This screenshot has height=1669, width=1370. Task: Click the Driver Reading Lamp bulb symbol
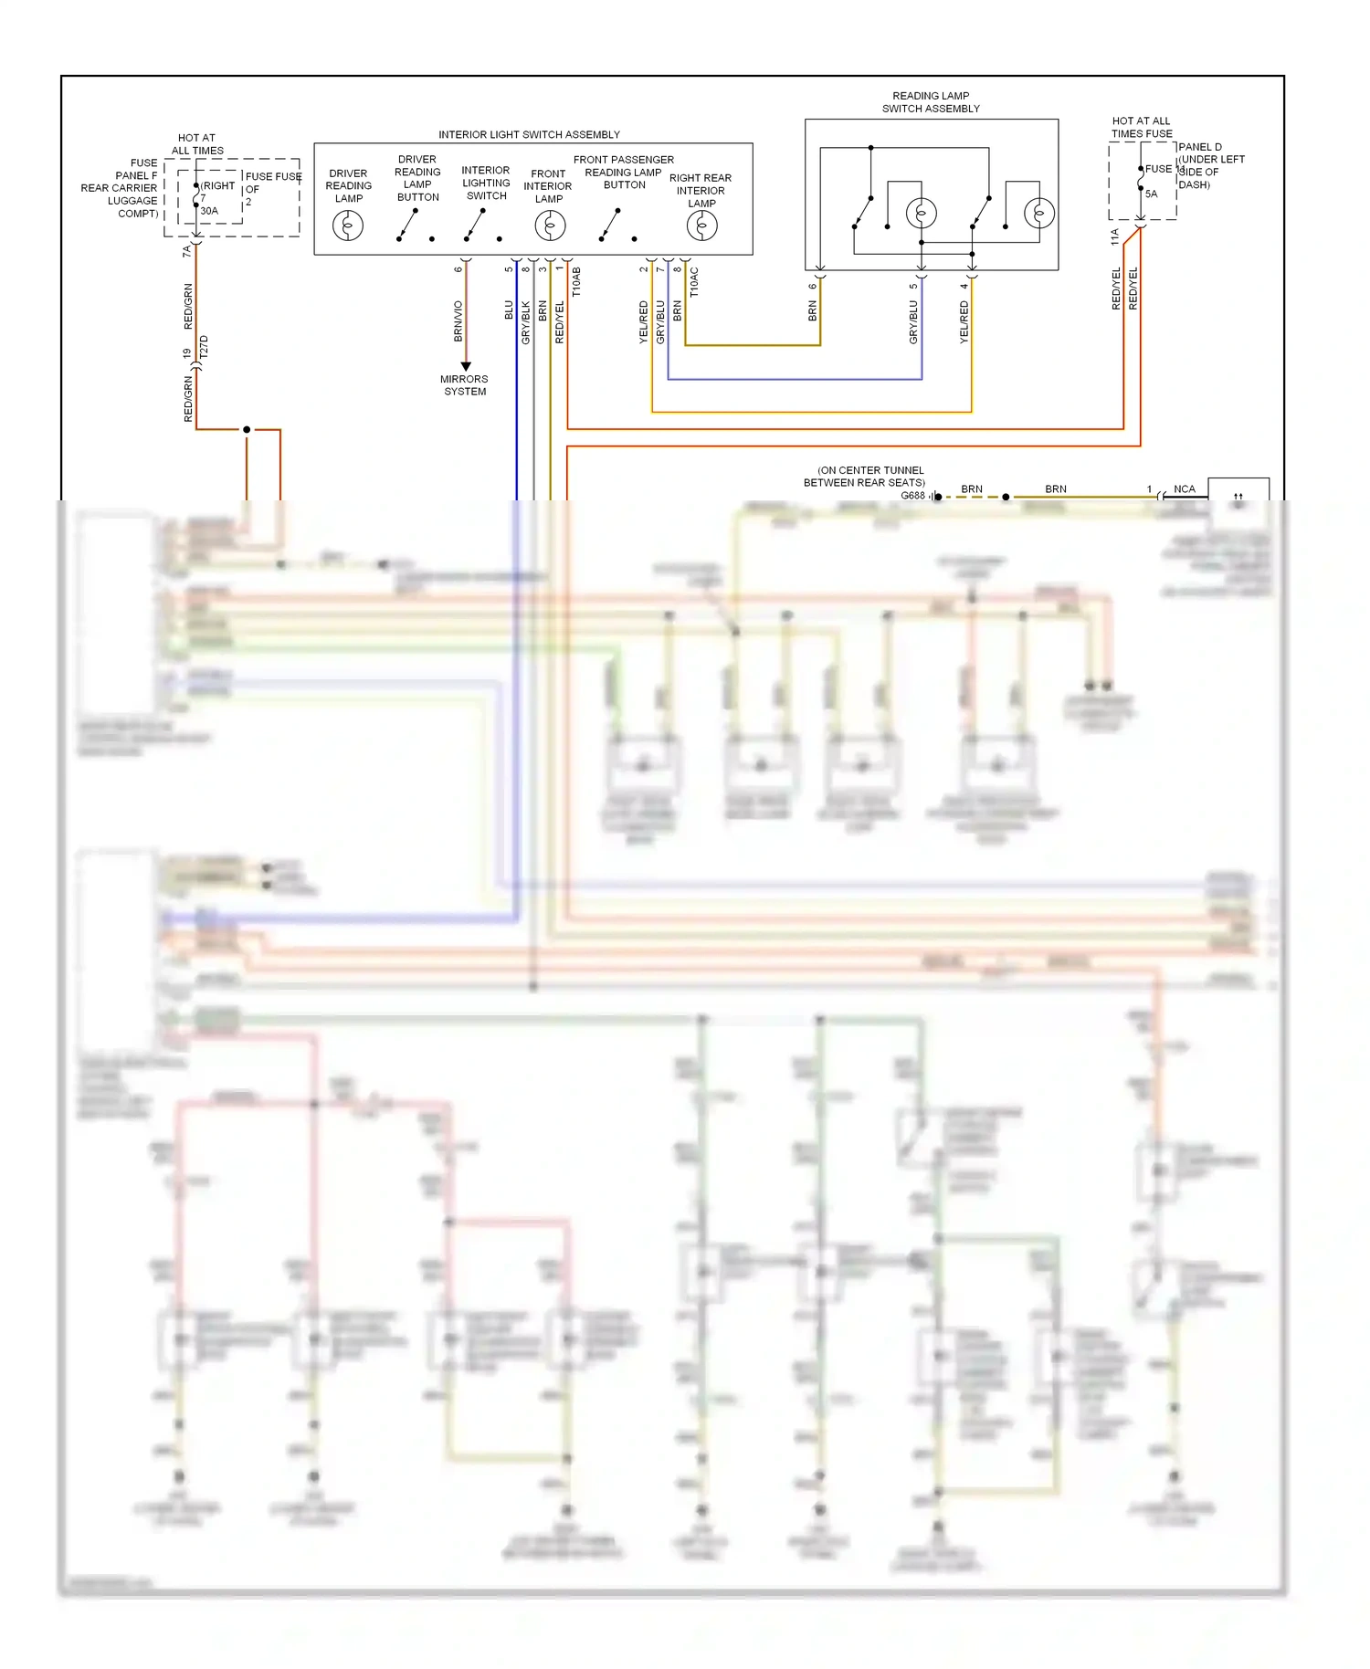pyautogui.click(x=348, y=226)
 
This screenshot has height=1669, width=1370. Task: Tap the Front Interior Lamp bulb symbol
pyautogui.click(x=549, y=226)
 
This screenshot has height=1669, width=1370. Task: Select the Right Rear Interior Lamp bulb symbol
pyautogui.click(x=701, y=226)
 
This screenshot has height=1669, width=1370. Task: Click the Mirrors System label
pyautogui.click(x=464, y=385)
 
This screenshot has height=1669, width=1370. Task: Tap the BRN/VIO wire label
pyautogui.click(x=458, y=321)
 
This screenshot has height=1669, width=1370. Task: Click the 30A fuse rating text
pyautogui.click(x=209, y=211)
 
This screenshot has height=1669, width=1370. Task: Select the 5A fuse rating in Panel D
pyautogui.click(x=1151, y=194)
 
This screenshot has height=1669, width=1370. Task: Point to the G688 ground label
pyautogui.click(x=912, y=496)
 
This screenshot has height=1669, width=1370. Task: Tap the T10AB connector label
pyautogui.click(x=576, y=281)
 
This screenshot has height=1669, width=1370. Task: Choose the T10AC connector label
pyautogui.click(x=694, y=281)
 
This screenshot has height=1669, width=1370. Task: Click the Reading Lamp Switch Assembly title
pyautogui.click(x=931, y=102)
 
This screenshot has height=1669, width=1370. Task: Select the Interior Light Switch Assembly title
pyautogui.click(x=529, y=134)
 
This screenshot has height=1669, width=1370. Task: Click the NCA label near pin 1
pyautogui.click(x=1184, y=489)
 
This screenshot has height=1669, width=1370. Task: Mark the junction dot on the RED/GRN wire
pyautogui.click(x=247, y=429)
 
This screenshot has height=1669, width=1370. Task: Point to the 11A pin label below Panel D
pyautogui.click(x=1114, y=237)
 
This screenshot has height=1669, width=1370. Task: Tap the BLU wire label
pyautogui.click(x=510, y=310)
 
